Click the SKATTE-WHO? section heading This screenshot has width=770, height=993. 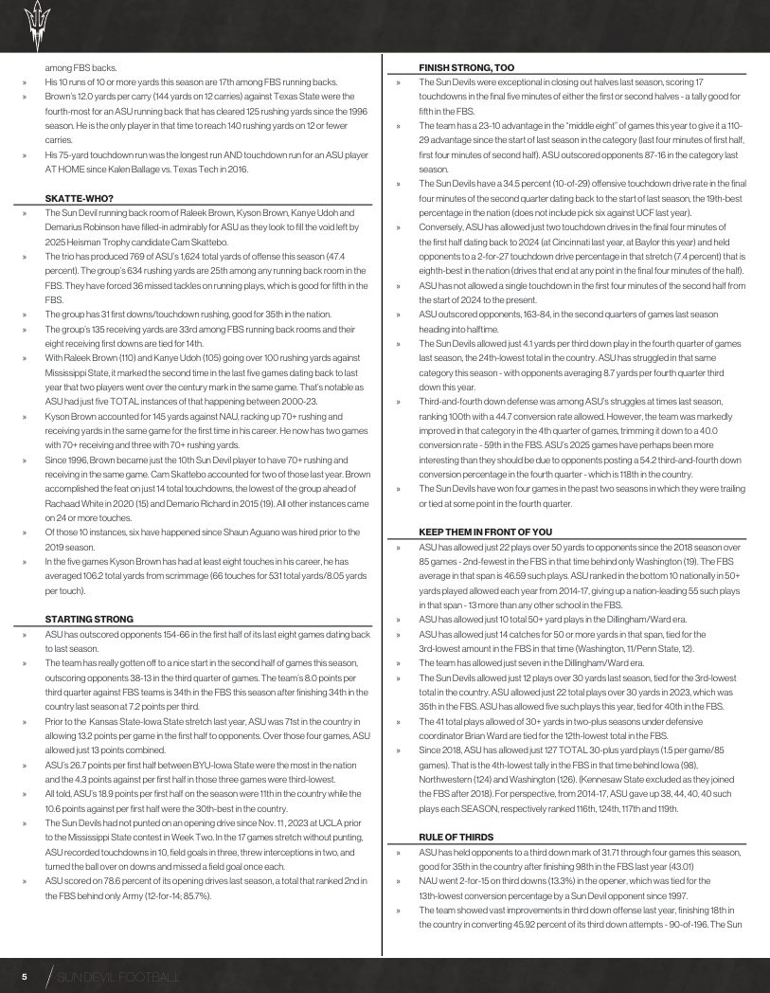click(x=80, y=197)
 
